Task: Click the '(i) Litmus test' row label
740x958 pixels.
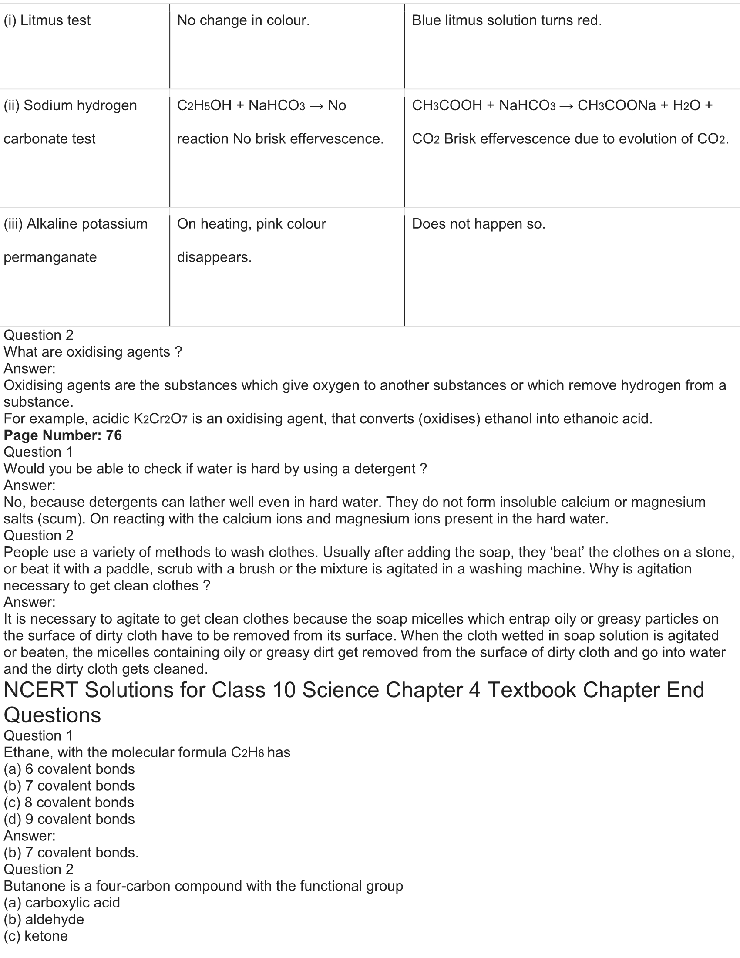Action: click(x=47, y=20)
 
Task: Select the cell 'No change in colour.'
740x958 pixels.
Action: click(x=243, y=20)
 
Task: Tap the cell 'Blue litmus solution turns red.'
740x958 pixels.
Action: click(x=507, y=20)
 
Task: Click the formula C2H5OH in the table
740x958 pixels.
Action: click(x=204, y=106)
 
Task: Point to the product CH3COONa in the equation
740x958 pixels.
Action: click(x=616, y=106)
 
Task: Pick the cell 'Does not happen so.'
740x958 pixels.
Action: click(x=479, y=224)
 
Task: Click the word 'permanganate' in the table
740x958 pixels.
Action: click(x=50, y=257)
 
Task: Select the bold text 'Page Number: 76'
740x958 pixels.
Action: click(x=63, y=435)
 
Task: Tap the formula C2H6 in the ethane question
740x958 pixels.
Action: click(x=247, y=753)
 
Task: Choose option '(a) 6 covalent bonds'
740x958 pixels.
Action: click(x=69, y=769)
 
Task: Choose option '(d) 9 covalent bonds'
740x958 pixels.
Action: click(x=69, y=819)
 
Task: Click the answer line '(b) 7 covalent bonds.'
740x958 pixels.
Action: click(x=71, y=852)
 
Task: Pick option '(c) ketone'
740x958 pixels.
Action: click(x=36, y=936)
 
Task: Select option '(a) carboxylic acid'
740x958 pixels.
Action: click(x=61, y=902)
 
